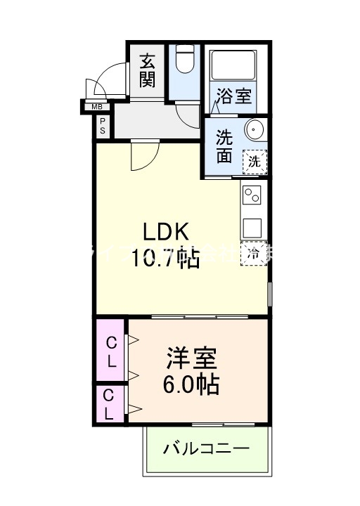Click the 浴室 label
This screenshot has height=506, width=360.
coord(233,96)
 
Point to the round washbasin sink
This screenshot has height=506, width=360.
coord(254,130)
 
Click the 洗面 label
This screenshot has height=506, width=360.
coord(224,145)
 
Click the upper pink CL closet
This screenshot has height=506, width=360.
coord(111,352)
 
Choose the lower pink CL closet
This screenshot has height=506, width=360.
coord(110,405)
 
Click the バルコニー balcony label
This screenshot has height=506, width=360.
coord(206,448)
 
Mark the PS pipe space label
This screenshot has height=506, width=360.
coord(103,126)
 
